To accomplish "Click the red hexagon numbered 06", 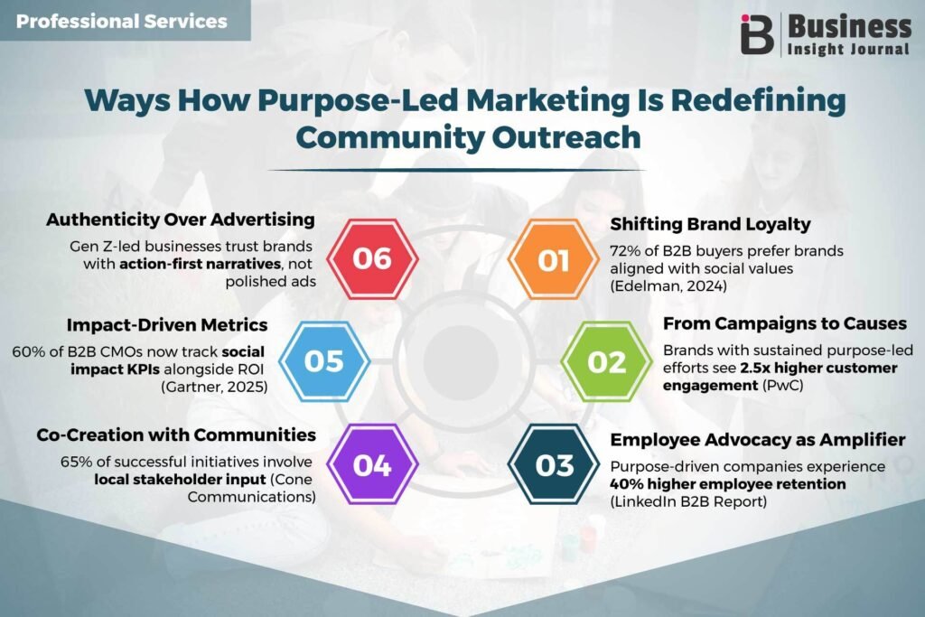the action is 372,259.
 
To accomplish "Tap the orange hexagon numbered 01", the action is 554,259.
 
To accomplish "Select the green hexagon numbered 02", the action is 606,361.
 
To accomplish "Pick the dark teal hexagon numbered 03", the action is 554,464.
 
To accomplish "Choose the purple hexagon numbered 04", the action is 372,464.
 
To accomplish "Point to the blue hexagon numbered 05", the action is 324,361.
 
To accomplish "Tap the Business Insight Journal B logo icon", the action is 757,34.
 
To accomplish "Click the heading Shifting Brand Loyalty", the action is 710,224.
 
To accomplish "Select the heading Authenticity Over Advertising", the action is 181,220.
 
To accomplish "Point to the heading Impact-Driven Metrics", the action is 167,325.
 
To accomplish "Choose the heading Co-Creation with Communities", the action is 176,435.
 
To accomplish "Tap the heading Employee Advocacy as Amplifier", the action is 758,440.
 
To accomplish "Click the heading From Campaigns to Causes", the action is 785,323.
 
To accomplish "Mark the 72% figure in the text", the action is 625,251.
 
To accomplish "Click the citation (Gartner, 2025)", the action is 214,387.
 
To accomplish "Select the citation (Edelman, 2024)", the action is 668,286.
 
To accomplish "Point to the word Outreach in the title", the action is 566,137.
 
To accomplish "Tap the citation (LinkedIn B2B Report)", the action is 688,502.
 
